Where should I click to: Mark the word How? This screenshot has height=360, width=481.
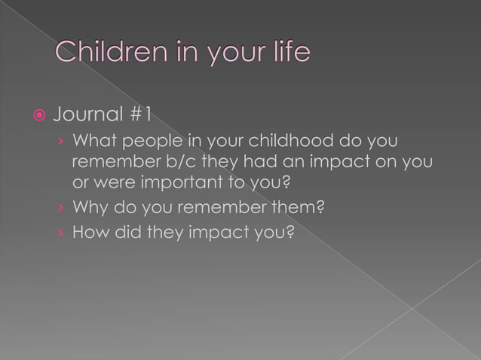pyautogui.click(x=87, y=232)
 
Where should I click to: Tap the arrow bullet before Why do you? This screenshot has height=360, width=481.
pyautogui.click(x=60, y=208)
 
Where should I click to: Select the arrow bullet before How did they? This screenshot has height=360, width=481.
pyautogui.click(x=60, y=233)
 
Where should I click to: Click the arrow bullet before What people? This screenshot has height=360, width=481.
pyautogui.click(x=60, y=142)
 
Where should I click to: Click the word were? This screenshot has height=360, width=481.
pyautogui.click(x=112, y=182)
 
